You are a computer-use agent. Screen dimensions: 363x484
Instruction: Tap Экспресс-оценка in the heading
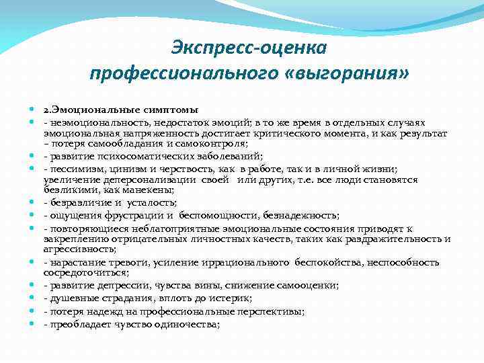(248, 48)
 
